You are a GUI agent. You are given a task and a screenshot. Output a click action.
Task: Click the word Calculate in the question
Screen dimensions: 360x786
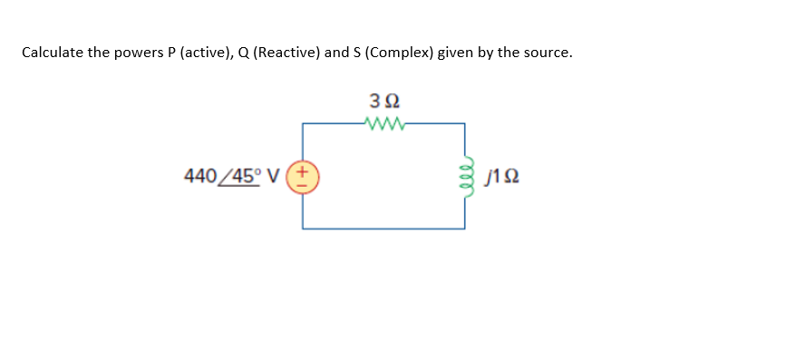click(x=52, y=53)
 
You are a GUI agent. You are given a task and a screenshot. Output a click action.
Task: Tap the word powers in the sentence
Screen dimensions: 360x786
click(x=133, y=53)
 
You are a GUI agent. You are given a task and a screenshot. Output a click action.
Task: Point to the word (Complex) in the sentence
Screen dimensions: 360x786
click(x=400, y=53)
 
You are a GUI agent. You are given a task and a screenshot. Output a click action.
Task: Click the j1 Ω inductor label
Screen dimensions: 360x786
click(x=501, y=175)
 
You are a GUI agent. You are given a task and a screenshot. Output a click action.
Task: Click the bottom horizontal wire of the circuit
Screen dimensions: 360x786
click(x=384, y=229)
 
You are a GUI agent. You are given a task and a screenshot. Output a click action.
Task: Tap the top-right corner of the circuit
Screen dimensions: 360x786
click(x=465, y=124)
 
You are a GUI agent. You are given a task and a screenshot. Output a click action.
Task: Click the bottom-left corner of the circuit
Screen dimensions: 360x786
click(x=303, y=229)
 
